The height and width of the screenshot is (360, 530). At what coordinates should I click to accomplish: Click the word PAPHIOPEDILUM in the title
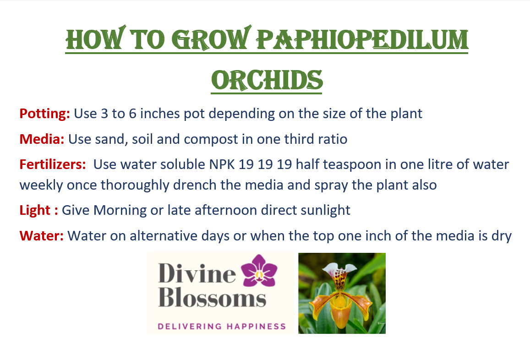pyautogui.click(x=362, y=39)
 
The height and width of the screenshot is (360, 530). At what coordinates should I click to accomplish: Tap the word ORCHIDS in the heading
pyautogui.click(x=267, y=81)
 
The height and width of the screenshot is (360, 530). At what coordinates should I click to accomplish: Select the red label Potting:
pyautogui.click(x=44, y=114)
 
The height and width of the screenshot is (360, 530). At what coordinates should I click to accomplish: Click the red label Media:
pyautogui.click(x=42, y=139)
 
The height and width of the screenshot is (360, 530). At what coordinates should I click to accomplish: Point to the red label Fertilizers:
pyautogui.click(x=53, y=164)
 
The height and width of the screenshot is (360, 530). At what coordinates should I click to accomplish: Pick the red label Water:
pyautogui.click(x=41, y=235)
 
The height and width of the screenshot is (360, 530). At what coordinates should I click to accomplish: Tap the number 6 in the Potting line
pyautogui.click(x=132, y=114)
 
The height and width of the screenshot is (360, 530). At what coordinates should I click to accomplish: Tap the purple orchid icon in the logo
pyautogui.click(x=259, y=271)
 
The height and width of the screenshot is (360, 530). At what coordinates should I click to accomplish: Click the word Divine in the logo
pyautogui.click(x=197, y=273)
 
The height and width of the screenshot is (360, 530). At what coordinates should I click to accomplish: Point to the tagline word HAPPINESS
pyautogui.click(x=256, y=327)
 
